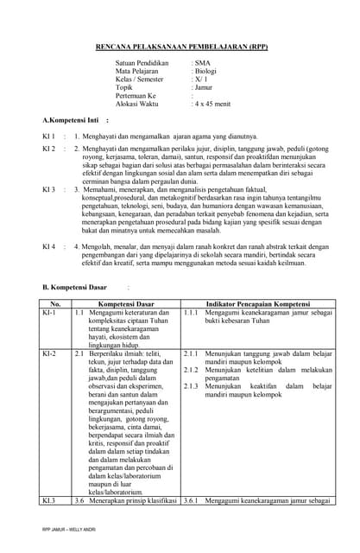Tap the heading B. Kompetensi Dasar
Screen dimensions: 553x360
(x=75, y=286)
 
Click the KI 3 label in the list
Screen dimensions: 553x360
(x=49, y=188)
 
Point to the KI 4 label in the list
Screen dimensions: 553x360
(x=49, y=246)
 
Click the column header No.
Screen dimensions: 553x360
(x=55, y=304)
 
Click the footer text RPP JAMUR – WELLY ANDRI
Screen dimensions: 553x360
(x=69, y=529)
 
